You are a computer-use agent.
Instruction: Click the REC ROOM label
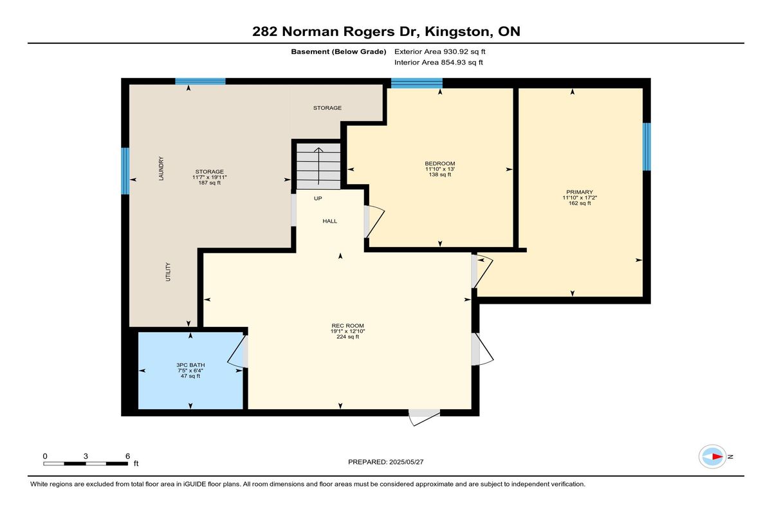tap(347, 326)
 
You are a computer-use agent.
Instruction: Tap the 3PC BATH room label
tap(190, 365)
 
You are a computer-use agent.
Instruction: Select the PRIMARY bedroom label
tap(580, 192)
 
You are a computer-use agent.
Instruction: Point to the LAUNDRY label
tap(161, 169)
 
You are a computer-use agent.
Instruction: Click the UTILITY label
tap(168, 272)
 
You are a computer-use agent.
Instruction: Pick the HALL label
tap(330, 221)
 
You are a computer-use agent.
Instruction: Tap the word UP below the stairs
tap(318, 199)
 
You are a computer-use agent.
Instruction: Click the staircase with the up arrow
tap(318, 166)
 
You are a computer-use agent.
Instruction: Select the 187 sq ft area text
tap(210, 183)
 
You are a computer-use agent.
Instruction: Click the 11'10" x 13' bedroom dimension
tap(440, 169)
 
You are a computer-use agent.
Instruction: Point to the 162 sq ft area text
tap(580, 203)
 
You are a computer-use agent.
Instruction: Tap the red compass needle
tap(718, 457)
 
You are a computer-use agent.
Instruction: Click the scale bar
tap(86, 464)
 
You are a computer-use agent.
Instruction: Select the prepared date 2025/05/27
tap(407, 462)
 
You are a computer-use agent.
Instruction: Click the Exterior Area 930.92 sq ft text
tap(440, 51)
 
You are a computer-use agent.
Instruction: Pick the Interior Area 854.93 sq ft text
tap(439, 62)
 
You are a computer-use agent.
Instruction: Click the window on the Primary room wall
tap(647, 147)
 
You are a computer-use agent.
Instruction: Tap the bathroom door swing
tap(237, 351)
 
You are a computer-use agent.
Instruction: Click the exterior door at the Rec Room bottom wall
tap(424, 417)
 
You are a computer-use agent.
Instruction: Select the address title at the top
tap(386, 32)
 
